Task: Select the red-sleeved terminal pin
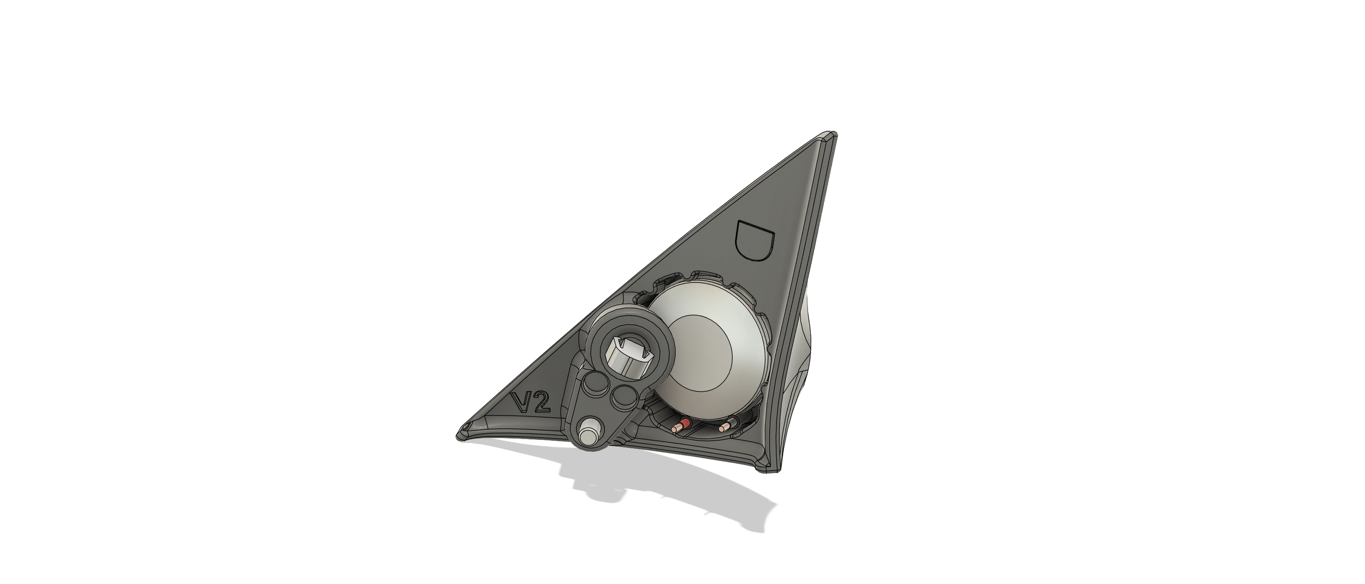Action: [682, 425]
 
